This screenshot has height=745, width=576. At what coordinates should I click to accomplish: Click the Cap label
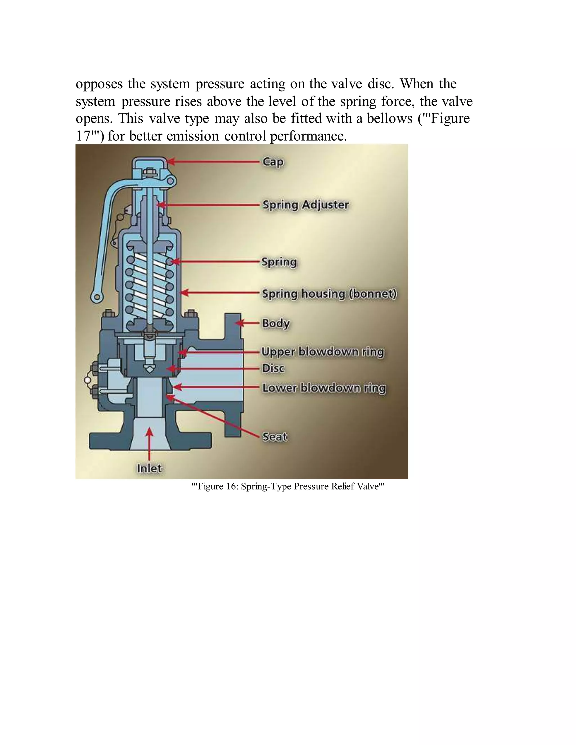(x=273, y=162)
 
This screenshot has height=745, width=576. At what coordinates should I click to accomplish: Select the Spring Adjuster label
(x=305, y=205)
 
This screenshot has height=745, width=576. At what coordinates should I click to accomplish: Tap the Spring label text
(x=279, y=262)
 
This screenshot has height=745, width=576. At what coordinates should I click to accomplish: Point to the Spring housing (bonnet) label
(x=329, y=294)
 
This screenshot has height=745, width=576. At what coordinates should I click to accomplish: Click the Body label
(x=276, y=323)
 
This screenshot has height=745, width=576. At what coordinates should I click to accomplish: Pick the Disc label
(x=273, y=368)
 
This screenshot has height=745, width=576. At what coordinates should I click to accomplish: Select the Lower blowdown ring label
(x=324, y=388)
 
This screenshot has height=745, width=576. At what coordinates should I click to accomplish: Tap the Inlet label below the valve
(x=149, y=468)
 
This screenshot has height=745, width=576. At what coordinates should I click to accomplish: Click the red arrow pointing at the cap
(x=213, y=162)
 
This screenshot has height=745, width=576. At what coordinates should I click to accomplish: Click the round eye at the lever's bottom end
(x=97, y=297)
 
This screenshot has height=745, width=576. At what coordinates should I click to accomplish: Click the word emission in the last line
(x=193, y=136)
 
